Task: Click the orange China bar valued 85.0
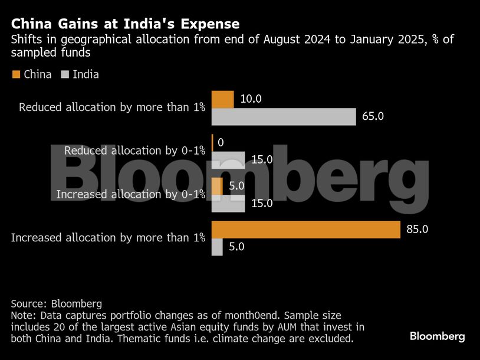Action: pyautogui.click(x=306, y=230)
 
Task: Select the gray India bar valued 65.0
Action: pyautogui.click(x=284, y=117)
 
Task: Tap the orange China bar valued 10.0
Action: pyautogui.click(x=223, y=100)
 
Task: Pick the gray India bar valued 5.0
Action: pyautogui.click(x=217, y=247)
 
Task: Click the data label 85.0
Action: pyautogui.click(x=417, y=230)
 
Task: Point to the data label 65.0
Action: pyautogui.click(x=373, y=116)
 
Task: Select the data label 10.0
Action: pyautogui.click(x=251, y=99)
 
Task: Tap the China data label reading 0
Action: pyautogui.click(x=221, y=143)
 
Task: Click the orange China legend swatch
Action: pyautogui.click(x=15, y=74)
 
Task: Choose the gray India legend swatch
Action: pyautogui.click(x=64, y=74)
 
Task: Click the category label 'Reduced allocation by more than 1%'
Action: pyautogui.click(x=112, y=107)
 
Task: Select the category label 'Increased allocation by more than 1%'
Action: pyautogui.click(x=108, y=238)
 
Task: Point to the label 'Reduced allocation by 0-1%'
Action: pyautogui.click(x=134, y=151)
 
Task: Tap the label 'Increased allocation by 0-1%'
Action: pyautogui.click(x=130, y=194)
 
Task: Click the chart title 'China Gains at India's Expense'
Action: pyautogui.click(x=125, y=24)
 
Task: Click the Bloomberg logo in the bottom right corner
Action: pyautogui.click(x=437, y=336)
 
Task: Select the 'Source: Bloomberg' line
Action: pyautogui.click(x=57, y=304)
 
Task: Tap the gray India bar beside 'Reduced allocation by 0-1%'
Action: pyautogui.click(x=228, y=160)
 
